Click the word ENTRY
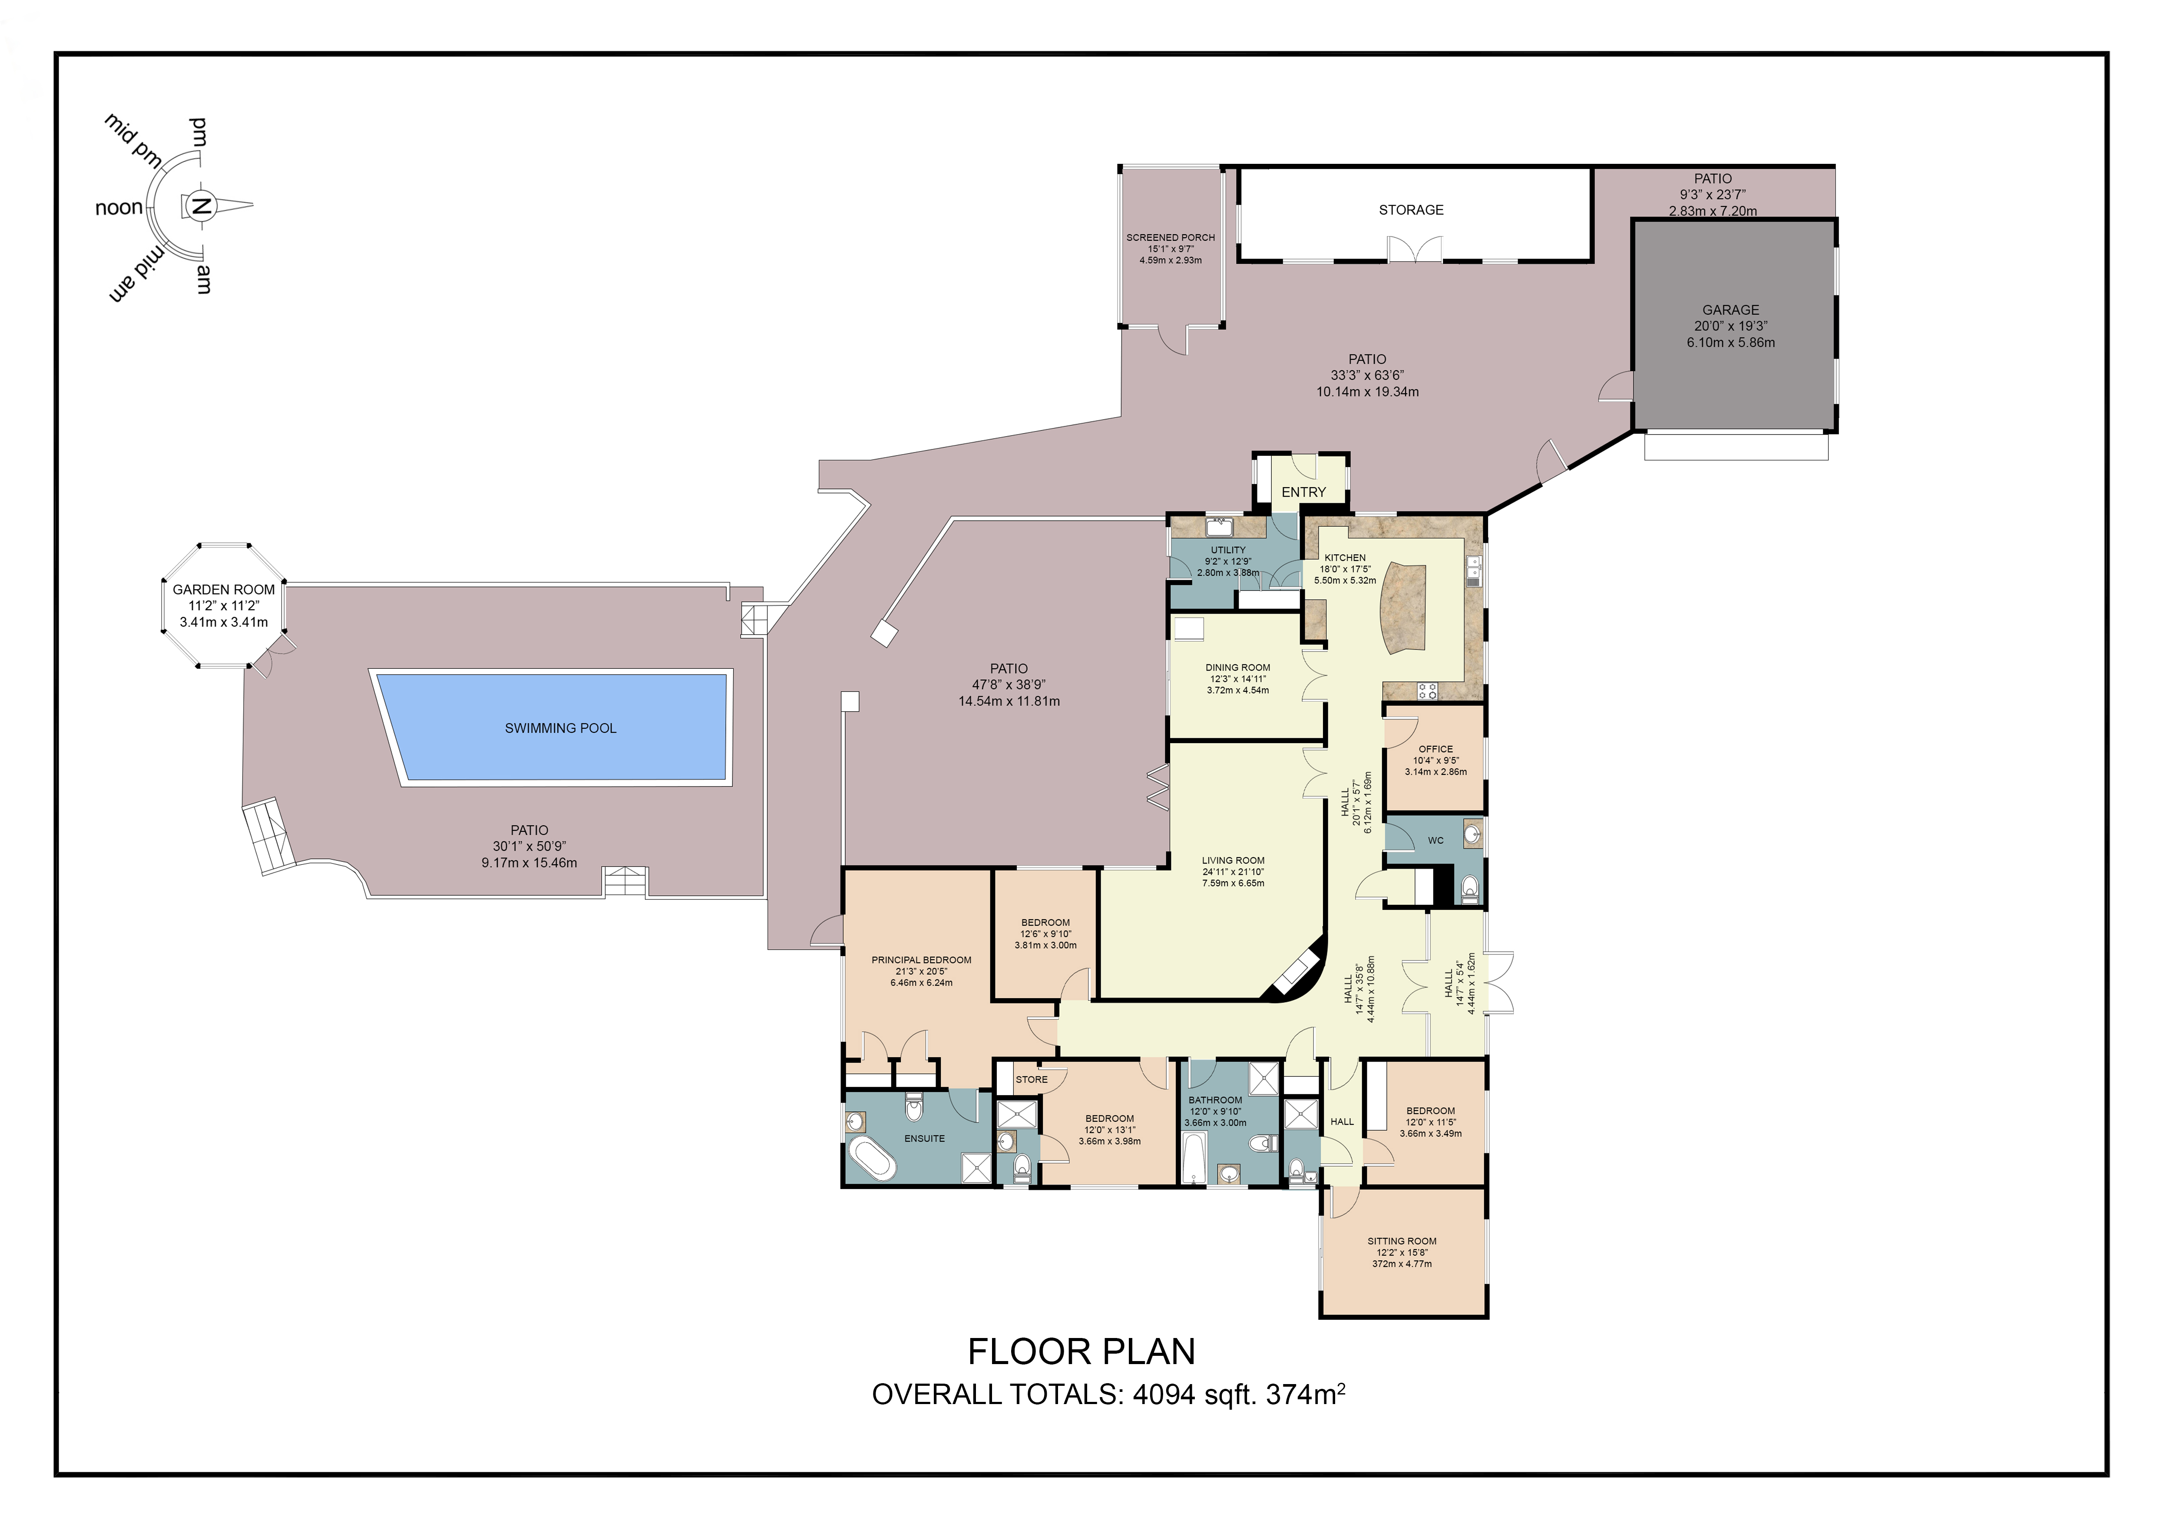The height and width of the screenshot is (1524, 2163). [x=1303, y=492]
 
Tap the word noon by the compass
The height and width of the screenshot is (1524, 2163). [x=119, y=207]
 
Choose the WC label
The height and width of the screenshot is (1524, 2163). [x=1436, y=841]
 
